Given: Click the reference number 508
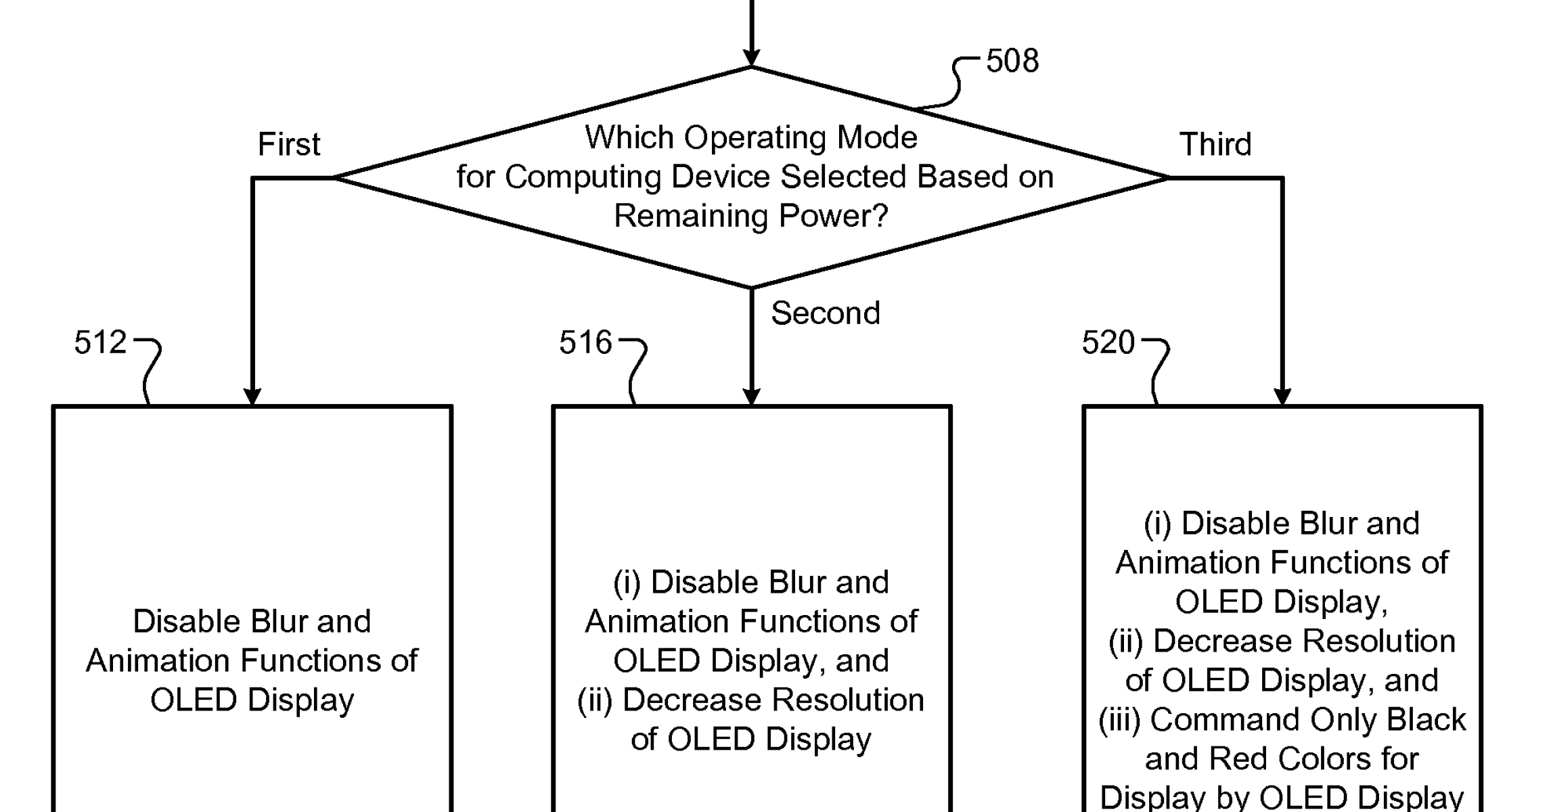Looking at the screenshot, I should [1012, 61].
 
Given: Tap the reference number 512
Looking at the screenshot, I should [100, 342].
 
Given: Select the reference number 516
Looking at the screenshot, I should [585, 342].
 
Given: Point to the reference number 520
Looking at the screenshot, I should [1108, 342].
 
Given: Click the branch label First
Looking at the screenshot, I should [289, 144].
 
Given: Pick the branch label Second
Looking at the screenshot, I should [826, 313].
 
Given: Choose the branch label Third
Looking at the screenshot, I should [1215, 144].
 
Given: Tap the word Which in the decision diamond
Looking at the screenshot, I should [629, 137].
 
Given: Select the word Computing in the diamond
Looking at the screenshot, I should [583, 177].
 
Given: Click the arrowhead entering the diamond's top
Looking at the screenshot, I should [751, 58].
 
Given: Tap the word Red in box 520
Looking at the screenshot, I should [1234, 759].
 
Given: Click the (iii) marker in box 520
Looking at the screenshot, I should [1119, 720].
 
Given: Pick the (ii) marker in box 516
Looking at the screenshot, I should [595, 700].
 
